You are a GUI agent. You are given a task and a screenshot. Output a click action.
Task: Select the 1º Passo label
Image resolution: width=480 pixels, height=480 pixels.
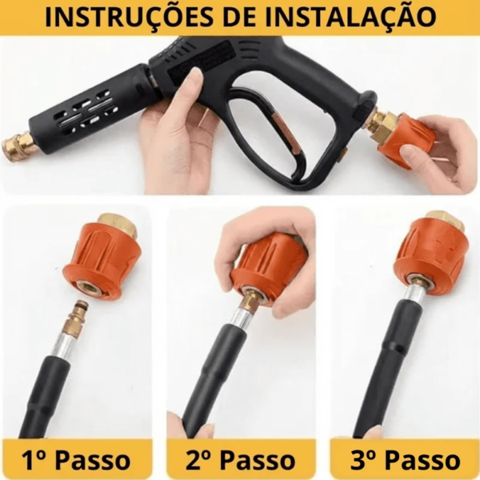[76, 460]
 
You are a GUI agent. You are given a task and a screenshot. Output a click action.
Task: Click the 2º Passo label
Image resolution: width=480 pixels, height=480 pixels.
[240, 460]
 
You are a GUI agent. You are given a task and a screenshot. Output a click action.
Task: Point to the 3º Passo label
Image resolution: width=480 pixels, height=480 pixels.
[406, 460]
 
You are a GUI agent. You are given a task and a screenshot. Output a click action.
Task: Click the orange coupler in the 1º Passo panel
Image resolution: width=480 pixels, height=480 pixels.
[101, 260]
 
